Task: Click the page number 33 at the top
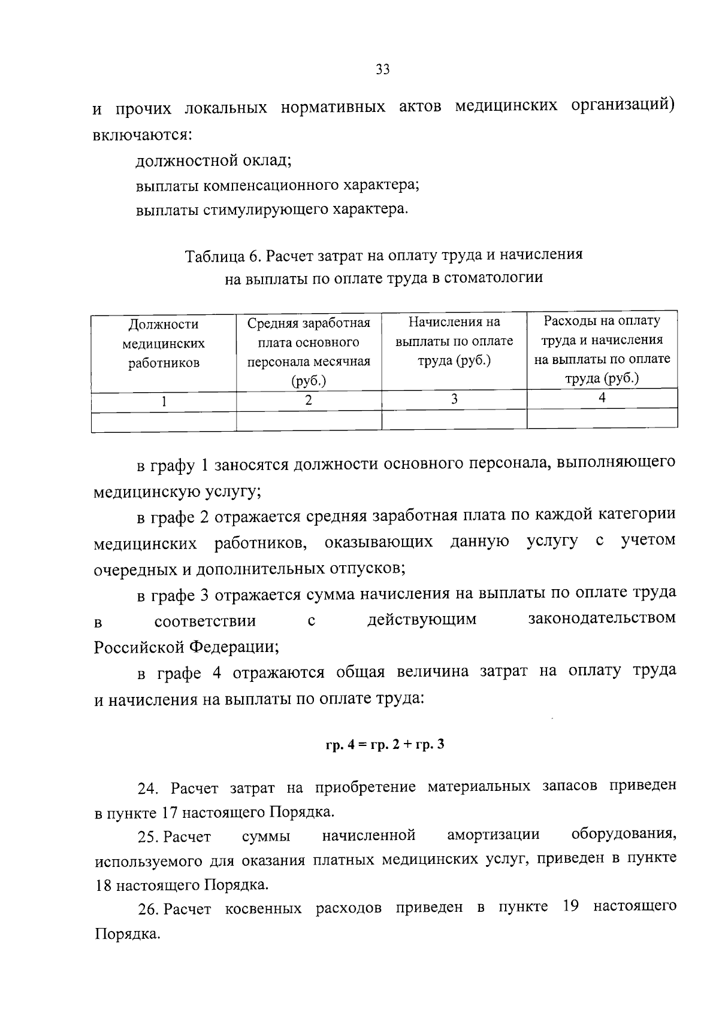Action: (382, 69)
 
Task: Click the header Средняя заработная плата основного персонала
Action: (309, 351)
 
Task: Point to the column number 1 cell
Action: (164, 402)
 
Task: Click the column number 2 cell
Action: (309, 401)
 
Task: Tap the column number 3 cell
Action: (454, 399)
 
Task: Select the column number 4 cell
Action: (602, 398)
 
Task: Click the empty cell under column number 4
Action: (602, 418)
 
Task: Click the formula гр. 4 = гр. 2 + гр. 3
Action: (385, 745)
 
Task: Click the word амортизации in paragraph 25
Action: (493, 835)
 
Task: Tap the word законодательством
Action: (602, 618)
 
